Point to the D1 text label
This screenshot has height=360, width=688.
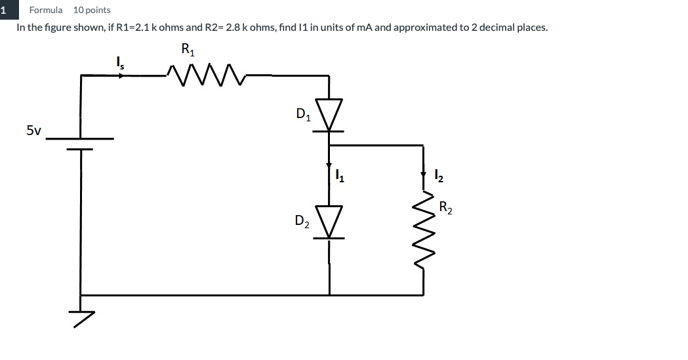coord(304,115)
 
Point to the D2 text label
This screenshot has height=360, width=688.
coord(302,222)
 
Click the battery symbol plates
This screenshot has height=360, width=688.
coord(81,144)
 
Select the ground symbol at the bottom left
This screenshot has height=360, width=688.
coord(82,315)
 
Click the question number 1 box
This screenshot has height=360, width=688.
coord(4,10)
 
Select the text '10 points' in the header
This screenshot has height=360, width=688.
coord(92,10)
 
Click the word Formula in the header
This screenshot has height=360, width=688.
coord(46,10)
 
